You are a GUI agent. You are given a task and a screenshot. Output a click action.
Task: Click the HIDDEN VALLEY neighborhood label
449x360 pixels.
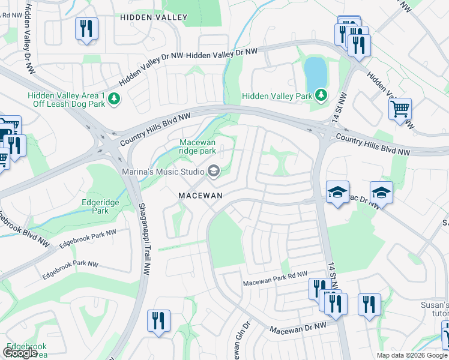154,18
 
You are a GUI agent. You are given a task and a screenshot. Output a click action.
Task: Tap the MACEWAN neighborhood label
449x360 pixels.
200,196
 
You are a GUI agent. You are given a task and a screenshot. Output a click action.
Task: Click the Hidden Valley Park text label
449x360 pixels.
277,96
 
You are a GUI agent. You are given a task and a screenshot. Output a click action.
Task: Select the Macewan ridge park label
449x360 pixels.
197,146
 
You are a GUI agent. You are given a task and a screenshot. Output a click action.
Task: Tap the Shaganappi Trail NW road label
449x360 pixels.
143,239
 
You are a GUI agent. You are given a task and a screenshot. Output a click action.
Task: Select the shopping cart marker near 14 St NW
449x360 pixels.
400,110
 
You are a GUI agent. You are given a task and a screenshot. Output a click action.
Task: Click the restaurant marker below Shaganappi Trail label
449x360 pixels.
158,321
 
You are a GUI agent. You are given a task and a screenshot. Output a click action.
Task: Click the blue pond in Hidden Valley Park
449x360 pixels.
316,73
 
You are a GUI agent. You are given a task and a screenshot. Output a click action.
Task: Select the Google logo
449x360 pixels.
20,353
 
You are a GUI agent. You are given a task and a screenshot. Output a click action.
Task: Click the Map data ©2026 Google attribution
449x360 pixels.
412,355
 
